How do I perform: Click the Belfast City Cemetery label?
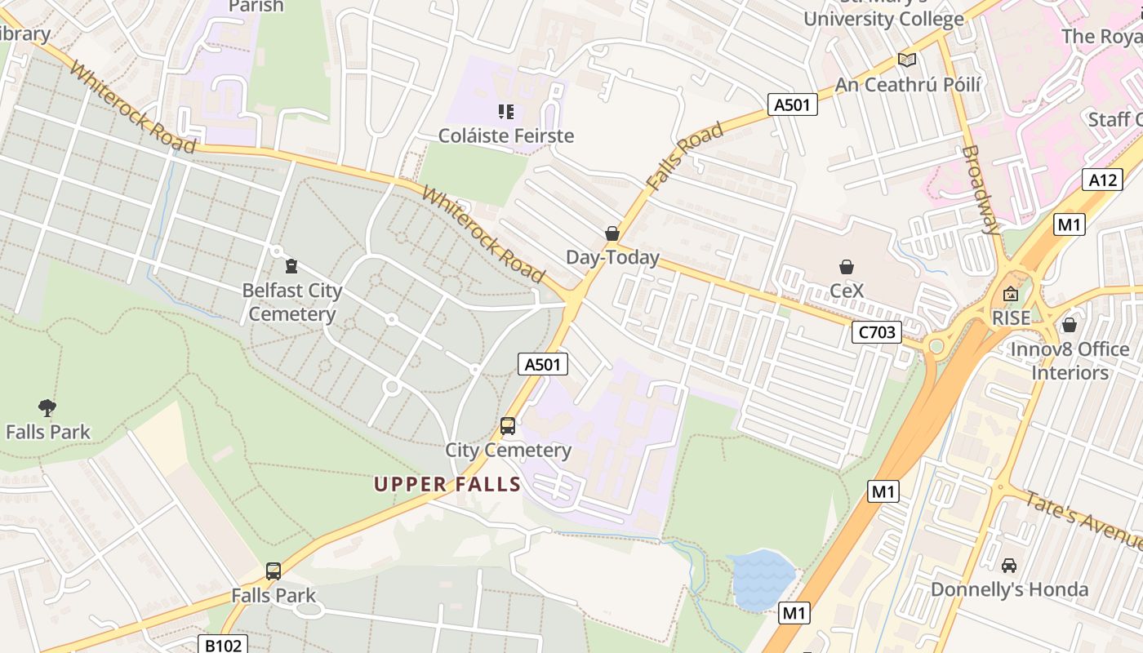292,302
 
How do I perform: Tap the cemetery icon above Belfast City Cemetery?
291,265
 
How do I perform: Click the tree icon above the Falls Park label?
47,407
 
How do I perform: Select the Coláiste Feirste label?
506,135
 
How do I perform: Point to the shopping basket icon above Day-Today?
612,234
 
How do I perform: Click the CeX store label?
846,291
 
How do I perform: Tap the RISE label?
1011,318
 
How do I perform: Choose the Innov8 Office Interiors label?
1070,361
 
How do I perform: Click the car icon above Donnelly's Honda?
1009,565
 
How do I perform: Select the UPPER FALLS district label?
447,484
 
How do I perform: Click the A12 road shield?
1102,180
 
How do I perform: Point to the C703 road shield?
876,332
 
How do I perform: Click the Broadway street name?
981,189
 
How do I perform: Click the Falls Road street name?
684,156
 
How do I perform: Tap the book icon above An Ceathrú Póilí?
906,60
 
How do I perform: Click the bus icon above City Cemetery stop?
508,426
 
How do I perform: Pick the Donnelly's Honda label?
1009,589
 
